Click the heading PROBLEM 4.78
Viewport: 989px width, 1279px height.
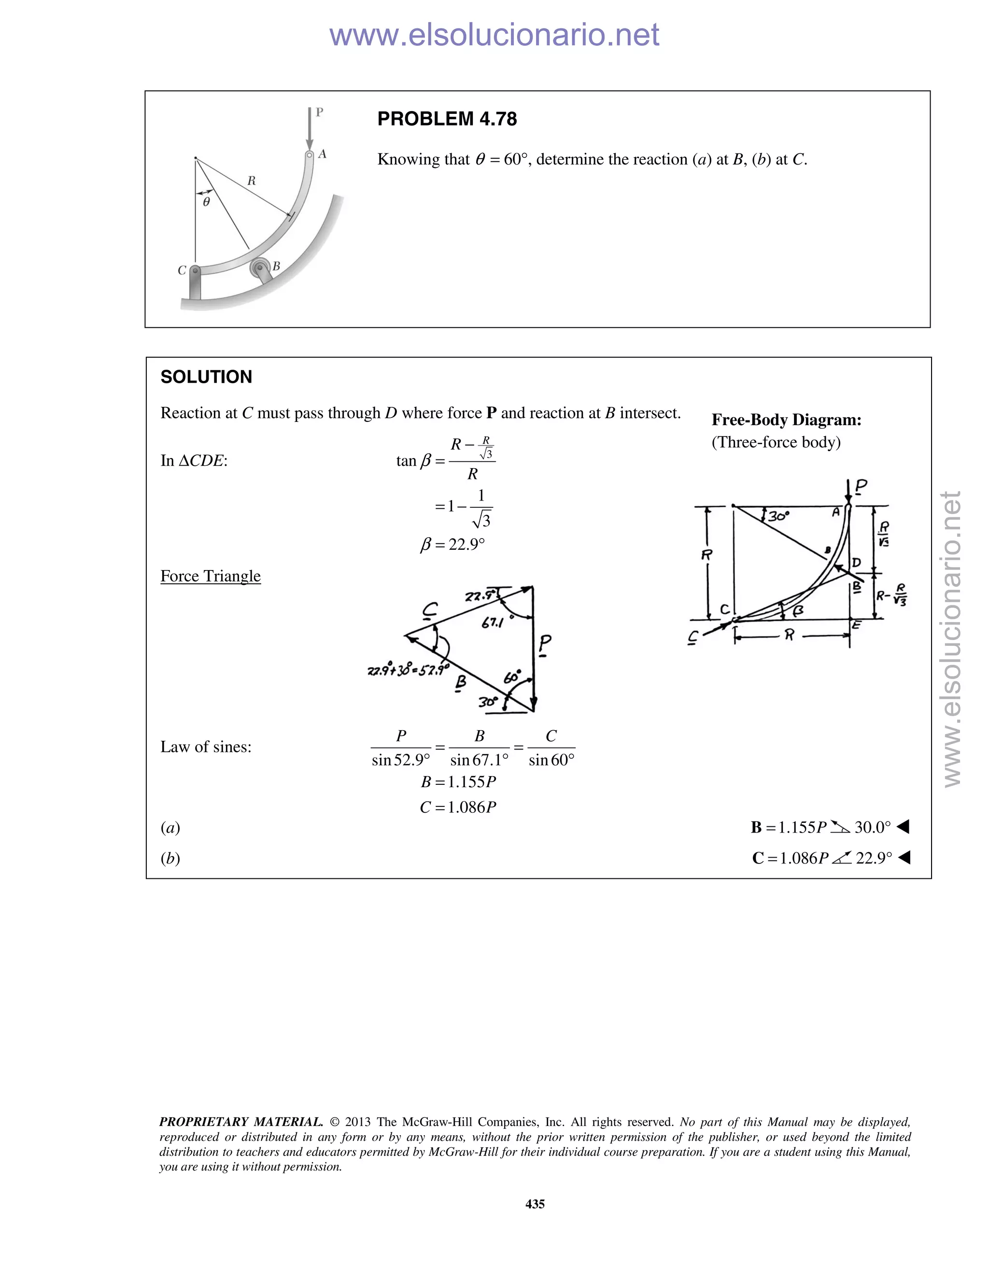point(447,119)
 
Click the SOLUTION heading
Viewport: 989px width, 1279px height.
point(206,376)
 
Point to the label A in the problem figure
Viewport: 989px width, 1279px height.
point(322,154)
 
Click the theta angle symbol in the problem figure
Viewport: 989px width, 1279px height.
point(206,202)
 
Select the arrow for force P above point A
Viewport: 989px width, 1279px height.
point(310,129)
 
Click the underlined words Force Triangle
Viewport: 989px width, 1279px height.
point(211,576)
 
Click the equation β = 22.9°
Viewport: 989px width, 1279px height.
point(452,544)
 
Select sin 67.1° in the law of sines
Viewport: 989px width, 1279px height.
point(479,760)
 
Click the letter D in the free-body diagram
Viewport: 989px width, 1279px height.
point(857,563)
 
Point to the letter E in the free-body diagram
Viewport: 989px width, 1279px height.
point(857,626)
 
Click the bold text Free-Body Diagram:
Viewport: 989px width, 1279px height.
point(786,419)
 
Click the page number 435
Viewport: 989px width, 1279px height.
point(535,1204)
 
